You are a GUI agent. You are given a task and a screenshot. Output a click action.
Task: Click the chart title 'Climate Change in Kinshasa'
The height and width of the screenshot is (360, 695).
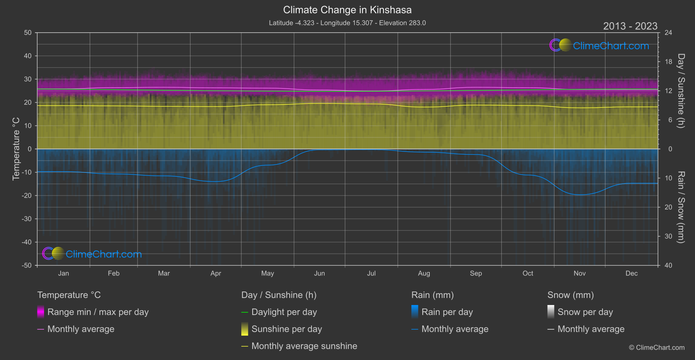click(347, 10)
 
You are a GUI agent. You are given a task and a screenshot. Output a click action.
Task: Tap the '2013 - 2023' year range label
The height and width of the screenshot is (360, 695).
click(630, 26)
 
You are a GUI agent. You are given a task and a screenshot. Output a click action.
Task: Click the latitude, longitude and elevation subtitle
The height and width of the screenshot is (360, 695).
click(347, 23)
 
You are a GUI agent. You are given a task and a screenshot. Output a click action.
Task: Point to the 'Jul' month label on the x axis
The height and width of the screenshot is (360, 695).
click(371, 273)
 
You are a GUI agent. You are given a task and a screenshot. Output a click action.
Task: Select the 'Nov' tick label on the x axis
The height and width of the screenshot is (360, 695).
click(579, 273)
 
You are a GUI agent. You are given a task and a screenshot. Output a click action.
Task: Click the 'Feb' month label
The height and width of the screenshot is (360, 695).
click(113, 273)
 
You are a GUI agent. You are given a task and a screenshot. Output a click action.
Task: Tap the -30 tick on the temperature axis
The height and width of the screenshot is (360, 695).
click(27, 219)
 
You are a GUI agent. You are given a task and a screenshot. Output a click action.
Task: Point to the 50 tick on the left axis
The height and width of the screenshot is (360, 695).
click(28, 33)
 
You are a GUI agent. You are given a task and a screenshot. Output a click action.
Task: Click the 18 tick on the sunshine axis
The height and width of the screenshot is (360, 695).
click(668, 62)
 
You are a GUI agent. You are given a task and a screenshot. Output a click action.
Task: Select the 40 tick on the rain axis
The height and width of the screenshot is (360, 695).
click(668, 265)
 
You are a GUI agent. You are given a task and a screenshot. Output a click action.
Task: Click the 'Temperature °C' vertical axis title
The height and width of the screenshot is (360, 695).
click(16, 149)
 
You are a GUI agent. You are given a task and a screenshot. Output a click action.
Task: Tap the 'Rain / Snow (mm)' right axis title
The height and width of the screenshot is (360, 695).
click(681, 207)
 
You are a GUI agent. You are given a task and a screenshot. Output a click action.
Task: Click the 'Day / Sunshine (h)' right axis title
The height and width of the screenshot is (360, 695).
click(681, 91)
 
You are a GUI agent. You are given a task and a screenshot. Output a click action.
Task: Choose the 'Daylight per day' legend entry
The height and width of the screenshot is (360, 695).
click(284, 312)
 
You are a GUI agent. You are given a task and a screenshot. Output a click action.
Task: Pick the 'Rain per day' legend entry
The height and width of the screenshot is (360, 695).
click(447, 312)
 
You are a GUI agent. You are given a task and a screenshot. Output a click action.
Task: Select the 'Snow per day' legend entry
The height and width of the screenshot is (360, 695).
click(585, 312)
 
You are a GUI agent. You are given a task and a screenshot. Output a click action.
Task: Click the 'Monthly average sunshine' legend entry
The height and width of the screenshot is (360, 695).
click(304, 346)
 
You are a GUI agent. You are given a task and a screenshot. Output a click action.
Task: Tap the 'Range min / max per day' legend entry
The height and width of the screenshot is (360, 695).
click(98, 312)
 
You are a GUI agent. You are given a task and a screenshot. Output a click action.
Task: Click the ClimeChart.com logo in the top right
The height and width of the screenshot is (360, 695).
click(599, 45)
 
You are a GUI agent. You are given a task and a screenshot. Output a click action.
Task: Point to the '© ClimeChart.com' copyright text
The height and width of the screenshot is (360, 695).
click(657, 347)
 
